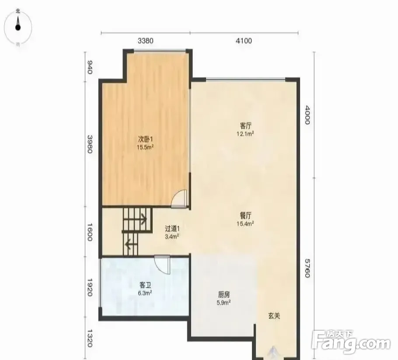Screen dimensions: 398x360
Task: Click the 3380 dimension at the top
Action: coord(146,41)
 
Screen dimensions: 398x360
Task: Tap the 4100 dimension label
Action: coord(244,41)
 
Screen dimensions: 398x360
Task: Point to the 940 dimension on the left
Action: coord(90,67)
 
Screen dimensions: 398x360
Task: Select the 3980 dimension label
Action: coord(90,144)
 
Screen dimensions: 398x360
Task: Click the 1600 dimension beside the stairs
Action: coord(90,232)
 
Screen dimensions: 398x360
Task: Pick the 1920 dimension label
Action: coord(90,287)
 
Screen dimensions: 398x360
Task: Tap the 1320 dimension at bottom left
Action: coord(90,338)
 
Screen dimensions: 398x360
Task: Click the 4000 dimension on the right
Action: coord(307,115)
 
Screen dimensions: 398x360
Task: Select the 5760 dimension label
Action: coord(307,268)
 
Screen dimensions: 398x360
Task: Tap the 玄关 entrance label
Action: coord(274,316)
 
